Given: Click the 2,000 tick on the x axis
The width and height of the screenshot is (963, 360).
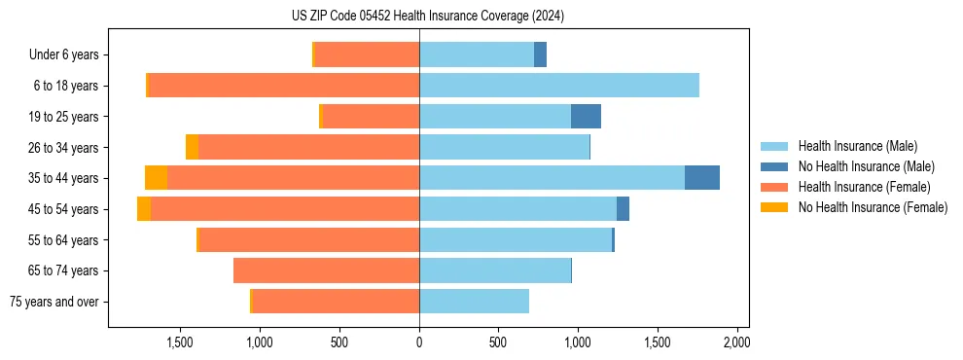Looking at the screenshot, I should [x=736, y=342].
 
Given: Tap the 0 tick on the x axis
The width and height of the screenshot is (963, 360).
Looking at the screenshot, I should [x=419, y=342].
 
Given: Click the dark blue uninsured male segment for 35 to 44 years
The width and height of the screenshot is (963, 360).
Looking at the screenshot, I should [x=702, y=178].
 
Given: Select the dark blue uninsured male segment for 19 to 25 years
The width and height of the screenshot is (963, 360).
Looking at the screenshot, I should [x=586, y=117].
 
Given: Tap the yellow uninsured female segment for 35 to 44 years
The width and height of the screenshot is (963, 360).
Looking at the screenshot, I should [x=156, y=178].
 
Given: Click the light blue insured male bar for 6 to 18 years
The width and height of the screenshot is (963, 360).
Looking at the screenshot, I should [x=559, y=86].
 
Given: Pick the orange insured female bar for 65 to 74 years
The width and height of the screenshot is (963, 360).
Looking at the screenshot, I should [x=326, y=270].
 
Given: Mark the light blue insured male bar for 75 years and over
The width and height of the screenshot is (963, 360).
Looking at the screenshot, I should [x=474, y=302].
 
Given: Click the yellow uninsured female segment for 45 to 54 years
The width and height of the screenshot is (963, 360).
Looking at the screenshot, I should [x=144, y=209].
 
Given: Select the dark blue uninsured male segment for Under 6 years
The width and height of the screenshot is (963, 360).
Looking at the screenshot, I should [x=540, y=55].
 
